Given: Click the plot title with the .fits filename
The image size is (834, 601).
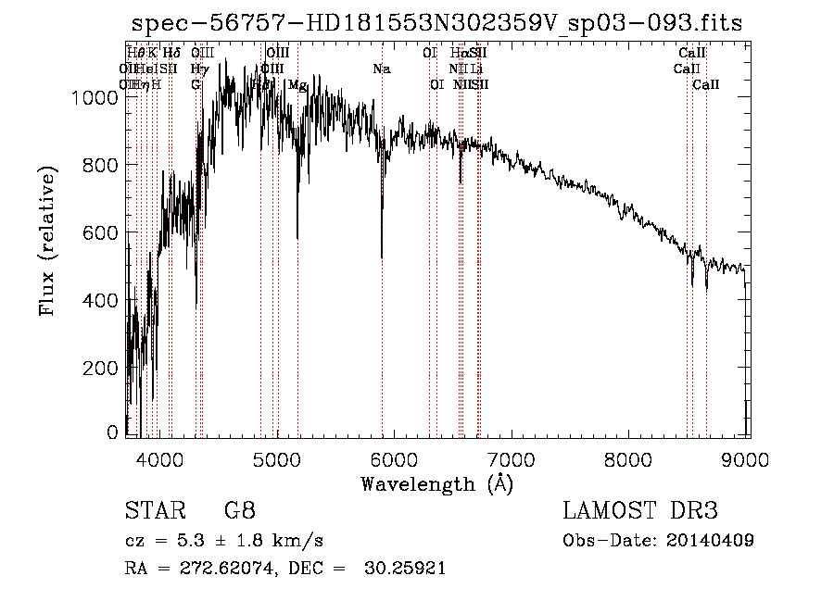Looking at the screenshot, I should click(x=436, y=23).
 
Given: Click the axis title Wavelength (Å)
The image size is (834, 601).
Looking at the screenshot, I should click(x=436, y=482).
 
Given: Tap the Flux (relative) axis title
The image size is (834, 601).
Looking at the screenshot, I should click(x=47, y=241).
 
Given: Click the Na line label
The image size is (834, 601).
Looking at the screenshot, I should click(x=382, y=69).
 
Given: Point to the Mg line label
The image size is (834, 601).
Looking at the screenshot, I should click(x=298, y=85).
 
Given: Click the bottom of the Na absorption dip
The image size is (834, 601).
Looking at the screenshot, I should click(x=382, y=257).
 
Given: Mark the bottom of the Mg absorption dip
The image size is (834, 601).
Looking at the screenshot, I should click(x=297, y=237).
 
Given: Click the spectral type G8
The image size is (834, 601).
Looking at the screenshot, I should click(x=240, y=511).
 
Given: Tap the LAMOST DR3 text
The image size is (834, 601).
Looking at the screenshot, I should click(x=640, y=511).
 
